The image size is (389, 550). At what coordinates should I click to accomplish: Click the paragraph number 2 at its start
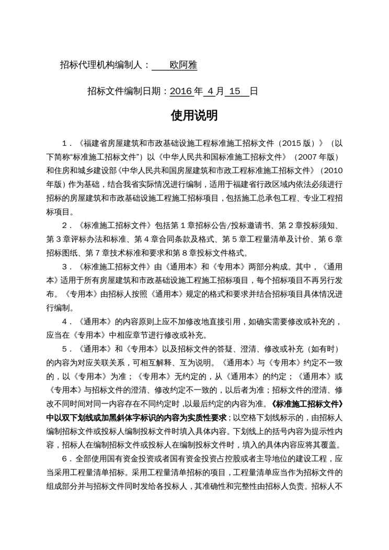click(64, 226)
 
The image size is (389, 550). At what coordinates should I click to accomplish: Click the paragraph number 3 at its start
click(64, 267)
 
